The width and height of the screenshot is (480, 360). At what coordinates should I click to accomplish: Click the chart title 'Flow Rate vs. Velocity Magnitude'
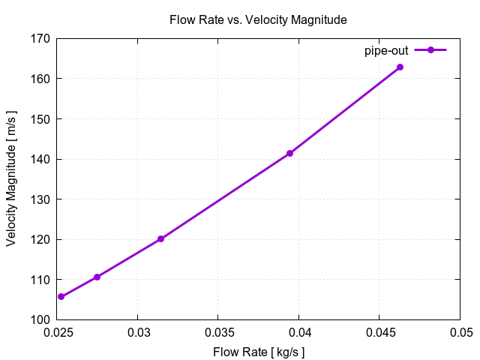[x=258, y=20]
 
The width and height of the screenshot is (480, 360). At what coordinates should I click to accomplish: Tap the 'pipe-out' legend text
[x=385, y=50]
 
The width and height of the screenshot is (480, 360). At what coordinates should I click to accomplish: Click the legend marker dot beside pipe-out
[x=430, y=50]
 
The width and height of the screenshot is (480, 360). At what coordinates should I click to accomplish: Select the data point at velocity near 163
[x=400, y=67]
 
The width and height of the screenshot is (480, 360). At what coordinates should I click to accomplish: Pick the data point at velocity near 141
[x=289, y=153]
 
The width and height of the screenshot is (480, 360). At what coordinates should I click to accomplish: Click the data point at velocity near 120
[x=160, y=238]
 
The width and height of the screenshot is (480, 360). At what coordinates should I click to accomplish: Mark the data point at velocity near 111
[x=97, y=277]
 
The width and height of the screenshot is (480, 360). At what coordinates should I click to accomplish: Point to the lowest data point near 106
[x=61, y=296]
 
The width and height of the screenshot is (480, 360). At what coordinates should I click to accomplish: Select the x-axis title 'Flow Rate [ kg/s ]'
[x=259, y=352]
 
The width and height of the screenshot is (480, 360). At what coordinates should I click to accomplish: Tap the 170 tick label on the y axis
[x=40, y=39]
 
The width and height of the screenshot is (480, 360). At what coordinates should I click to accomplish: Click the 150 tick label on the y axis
[x=40, y=119]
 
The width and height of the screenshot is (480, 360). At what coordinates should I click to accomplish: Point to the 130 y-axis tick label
[x=40, y=199]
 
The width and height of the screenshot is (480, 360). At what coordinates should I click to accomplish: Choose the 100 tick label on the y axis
[x=40, y=319]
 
